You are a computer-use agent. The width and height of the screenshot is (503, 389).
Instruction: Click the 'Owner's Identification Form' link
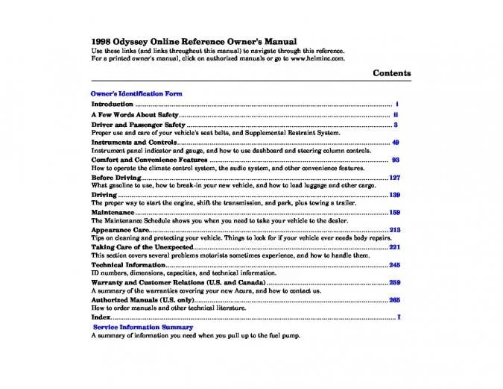click(x=136, y=94)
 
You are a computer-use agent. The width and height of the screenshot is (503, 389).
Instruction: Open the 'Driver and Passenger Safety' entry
click(x=138, y=125)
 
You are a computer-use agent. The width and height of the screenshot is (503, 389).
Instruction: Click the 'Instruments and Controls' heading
click(x=133, y=142)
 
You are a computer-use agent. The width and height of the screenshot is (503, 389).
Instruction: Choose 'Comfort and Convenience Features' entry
click(x=149, y=160)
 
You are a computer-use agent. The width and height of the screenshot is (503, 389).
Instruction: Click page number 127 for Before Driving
click(x=394, y=178)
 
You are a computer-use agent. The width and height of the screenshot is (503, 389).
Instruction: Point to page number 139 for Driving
click(x=394, y=195)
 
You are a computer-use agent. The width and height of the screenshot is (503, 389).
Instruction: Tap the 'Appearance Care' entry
click(x=120, y=230)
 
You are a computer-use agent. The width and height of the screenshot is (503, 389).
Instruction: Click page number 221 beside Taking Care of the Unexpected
click(x=394, y=247)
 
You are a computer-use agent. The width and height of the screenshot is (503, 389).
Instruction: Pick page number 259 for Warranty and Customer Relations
click(x=394, y=282)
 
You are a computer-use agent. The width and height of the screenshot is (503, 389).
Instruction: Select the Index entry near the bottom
click(x=101, y=318)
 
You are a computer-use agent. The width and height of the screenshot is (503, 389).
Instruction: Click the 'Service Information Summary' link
click(x=142, y=327)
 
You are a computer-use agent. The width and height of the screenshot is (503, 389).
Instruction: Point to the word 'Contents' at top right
click(x=391, y=73)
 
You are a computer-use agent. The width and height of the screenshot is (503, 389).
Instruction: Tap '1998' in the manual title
click(x=101, y=41)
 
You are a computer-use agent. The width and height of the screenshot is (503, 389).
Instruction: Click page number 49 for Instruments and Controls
click(x=396, y=142)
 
